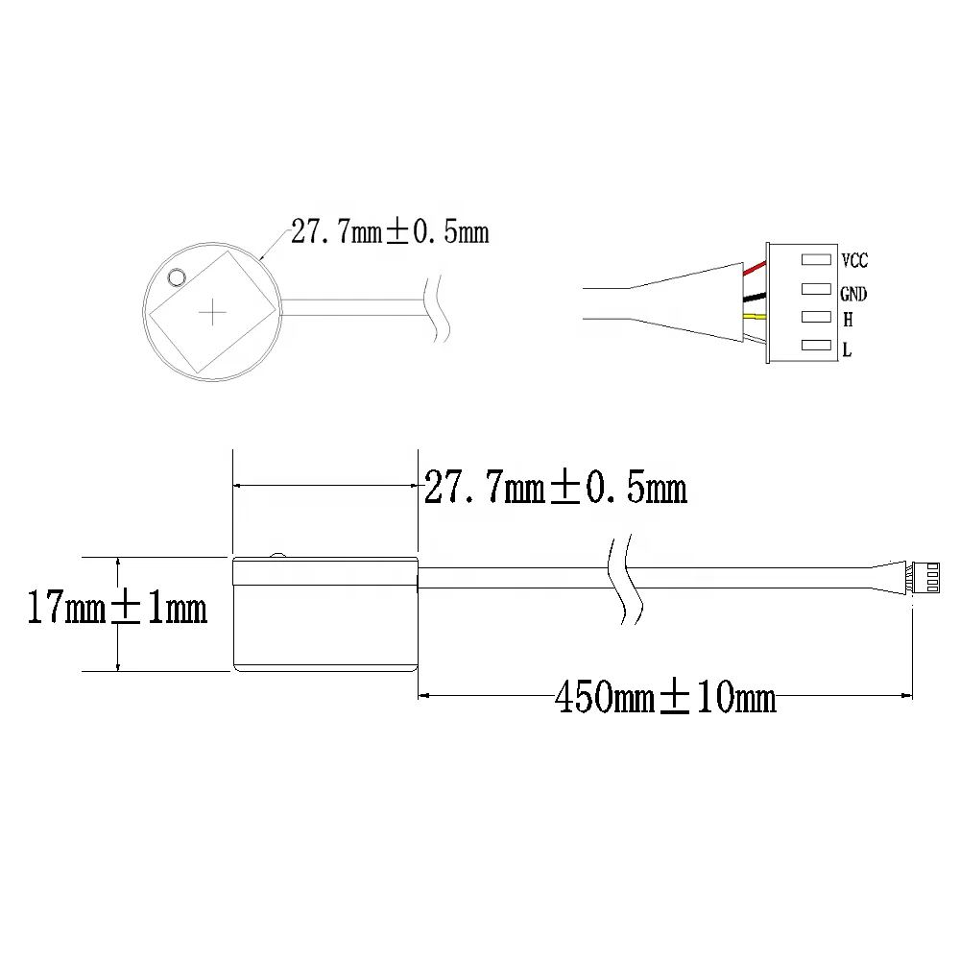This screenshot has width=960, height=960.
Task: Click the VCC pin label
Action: tap(853, 260)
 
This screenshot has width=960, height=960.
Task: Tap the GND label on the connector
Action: tap(852, 295)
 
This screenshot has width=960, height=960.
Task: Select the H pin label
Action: tap(847, 321)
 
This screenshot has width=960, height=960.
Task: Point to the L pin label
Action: tap(847, 351)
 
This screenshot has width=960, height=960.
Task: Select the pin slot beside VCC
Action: tap(815, 259)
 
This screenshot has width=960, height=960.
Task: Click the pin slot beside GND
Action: tap(815, 288)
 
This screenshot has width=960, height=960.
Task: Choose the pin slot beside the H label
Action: tap(815, 317)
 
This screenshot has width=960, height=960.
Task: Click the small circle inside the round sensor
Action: tap(176, 277)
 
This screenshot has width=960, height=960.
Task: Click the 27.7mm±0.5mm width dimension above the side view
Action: tap(555, 489)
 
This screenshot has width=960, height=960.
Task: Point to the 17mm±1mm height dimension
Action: tap(116, 610)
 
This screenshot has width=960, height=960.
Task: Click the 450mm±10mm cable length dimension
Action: tap(664, 698)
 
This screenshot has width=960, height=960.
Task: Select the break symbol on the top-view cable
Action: tap(438, 308)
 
